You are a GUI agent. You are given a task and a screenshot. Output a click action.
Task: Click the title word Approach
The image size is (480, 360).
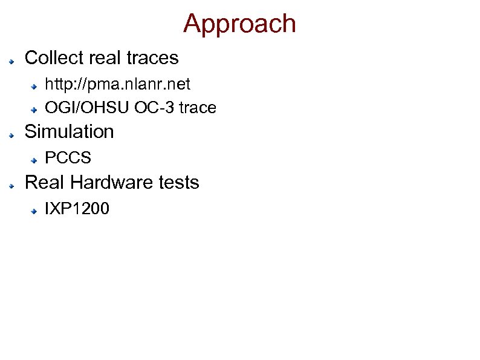[x=239, y=24]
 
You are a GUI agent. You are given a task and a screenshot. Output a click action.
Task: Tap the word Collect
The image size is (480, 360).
[x=54, y=58]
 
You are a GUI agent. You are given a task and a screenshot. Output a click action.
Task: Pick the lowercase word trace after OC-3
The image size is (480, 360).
[x=196, y=108]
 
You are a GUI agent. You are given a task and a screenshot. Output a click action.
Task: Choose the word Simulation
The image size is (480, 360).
[x=69, y=131]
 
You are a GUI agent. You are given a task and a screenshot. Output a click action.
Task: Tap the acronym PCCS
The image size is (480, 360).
[x=68, y=159]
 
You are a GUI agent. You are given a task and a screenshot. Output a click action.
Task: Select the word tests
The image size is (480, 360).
[x=178, y=182]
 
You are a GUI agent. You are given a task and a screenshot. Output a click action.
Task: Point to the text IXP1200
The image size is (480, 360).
[x=77, y=209]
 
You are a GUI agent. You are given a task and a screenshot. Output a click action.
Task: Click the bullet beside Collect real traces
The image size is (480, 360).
[x=11, y=61]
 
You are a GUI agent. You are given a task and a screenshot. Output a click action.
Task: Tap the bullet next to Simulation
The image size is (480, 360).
[x=11, y=134]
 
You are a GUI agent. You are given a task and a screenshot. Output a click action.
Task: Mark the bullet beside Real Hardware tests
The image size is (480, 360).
[x=11, y=185]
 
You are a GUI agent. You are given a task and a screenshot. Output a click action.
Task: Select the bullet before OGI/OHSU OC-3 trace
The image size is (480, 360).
[x=36, y=110]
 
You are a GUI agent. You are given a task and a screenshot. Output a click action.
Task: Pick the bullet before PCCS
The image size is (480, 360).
[x=36, y=161]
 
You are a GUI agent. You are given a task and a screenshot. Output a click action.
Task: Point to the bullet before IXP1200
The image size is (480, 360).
[x=36, y=212]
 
